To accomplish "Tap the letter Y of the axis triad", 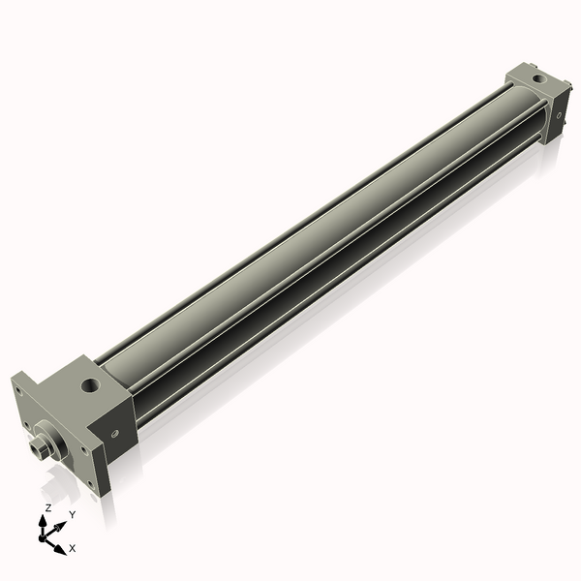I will [x=72, y=514].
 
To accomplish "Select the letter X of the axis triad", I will [x=73, y=548].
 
